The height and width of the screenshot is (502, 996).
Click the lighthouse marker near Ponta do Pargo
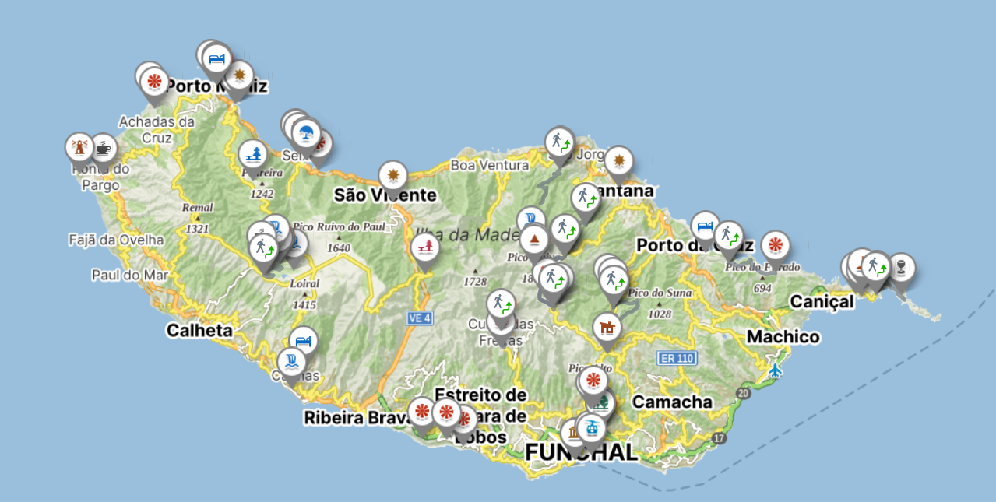pos(79,146)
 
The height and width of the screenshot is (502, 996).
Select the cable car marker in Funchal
pos(592,427)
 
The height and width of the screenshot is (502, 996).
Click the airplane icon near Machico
pos(775,370)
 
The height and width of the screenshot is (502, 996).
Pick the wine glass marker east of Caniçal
pos(901,267)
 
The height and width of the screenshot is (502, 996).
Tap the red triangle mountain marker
pos(534,238)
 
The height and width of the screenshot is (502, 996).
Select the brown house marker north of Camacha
pos(607,326)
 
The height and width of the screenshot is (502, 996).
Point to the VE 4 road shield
pos(419,318)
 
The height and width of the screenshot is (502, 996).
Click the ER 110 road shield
pos(675,358)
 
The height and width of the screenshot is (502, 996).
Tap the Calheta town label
pos(199,331)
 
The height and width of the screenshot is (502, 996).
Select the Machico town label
pos(783,337)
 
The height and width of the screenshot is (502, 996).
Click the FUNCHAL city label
pos(581,452)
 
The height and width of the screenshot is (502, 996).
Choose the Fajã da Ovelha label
pos(116,240)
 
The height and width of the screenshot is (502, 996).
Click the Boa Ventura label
pos(489,165)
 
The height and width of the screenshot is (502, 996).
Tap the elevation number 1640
pos(339,248)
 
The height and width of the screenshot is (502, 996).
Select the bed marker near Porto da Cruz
pos(705,226)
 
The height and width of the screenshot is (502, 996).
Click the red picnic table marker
pos(424,247)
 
